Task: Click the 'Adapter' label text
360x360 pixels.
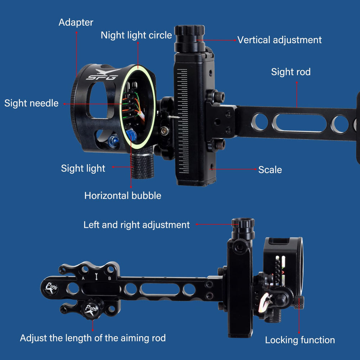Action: tap(76, 22)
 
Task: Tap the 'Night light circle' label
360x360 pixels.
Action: tap(136, 35)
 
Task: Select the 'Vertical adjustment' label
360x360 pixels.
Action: tap(279, 40)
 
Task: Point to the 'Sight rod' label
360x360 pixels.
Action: tap(291, 72)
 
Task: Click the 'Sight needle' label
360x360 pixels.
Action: tap(31, 103)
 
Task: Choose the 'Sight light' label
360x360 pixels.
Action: tap(83, 168)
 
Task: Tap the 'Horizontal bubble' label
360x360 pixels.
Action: tap(123, 195)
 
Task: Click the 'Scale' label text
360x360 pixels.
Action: tap(270, 170)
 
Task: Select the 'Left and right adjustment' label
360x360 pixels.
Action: tap(136, 225)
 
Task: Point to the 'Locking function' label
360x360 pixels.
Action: tap(300, 340)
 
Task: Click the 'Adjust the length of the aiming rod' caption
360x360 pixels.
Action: tap(93, 338)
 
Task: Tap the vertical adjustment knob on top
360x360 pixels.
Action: tap(189, 39)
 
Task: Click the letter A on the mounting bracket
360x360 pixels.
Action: tap(83, 278)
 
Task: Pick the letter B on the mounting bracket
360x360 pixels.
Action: tap(109, 278)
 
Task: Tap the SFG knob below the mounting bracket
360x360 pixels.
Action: tap(92, 309)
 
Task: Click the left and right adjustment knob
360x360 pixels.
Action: tap(243, 229)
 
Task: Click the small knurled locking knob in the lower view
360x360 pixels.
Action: tap(299, 302)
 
